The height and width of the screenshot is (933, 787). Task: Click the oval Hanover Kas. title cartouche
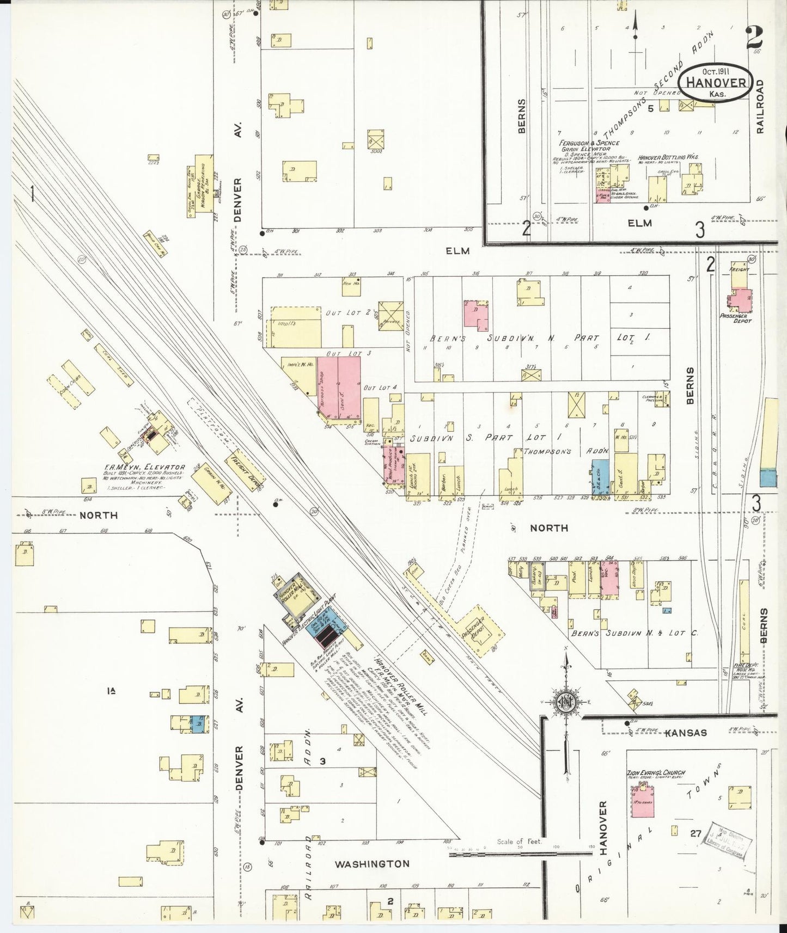point(716,82)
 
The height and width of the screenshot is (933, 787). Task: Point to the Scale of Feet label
point(520,842)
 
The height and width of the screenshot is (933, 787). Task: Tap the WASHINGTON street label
point(371,864)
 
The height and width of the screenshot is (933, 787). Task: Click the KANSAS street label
point(686,733)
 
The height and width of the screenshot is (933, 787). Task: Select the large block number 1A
point(112,691)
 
